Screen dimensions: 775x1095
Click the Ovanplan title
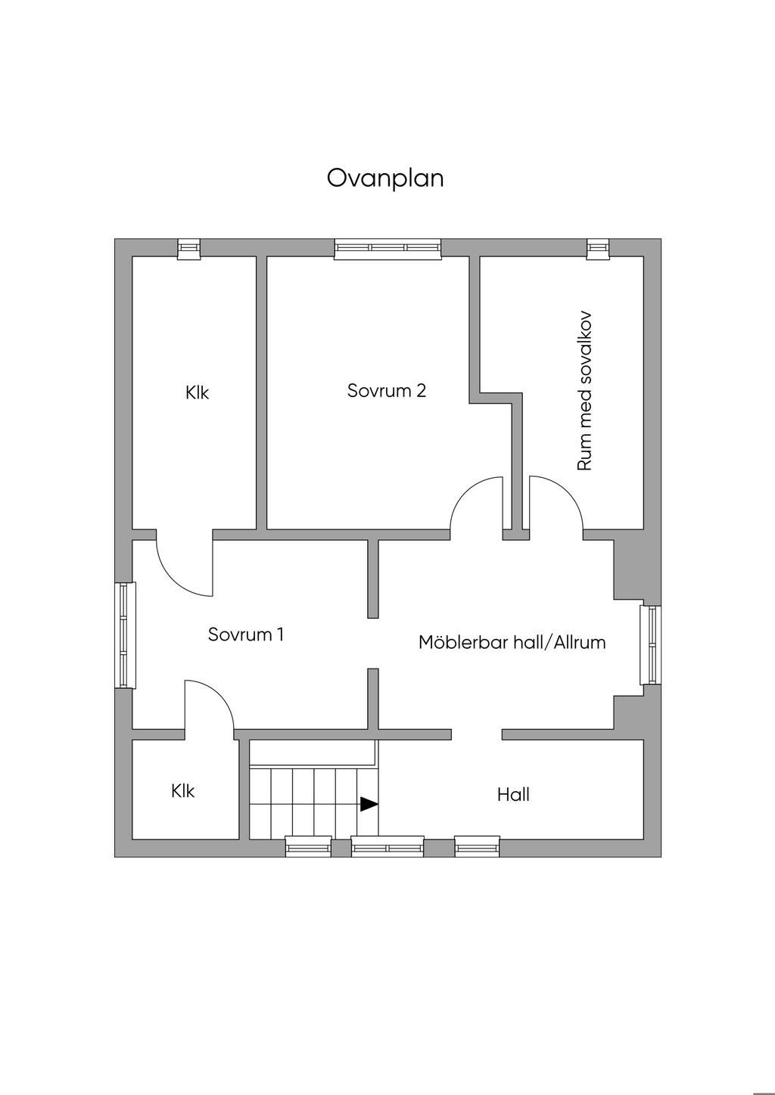tap(385, 178)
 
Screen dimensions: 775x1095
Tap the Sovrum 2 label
tap(386, 391)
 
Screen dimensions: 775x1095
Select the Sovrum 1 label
tap(246, 634)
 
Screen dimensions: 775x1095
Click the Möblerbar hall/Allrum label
tap(512, 643)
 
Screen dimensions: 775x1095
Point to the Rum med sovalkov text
tap(584, 391)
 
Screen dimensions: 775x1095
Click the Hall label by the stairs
tap(513, 795)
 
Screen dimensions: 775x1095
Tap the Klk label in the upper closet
tap(197, 393)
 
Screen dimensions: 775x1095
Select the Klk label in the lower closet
tap(182, 791)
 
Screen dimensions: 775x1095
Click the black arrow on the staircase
tap(369, 804)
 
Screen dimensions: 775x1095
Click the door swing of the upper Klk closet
tap(182, 571)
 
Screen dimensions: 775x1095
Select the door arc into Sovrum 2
tap(474, 503)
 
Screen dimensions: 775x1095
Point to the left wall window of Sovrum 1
tap(125, 635)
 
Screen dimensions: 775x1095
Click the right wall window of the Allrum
tap(650, 645)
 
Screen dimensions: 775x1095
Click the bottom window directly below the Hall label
tap(477, 847)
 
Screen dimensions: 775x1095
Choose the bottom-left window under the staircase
tap(308, 847)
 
